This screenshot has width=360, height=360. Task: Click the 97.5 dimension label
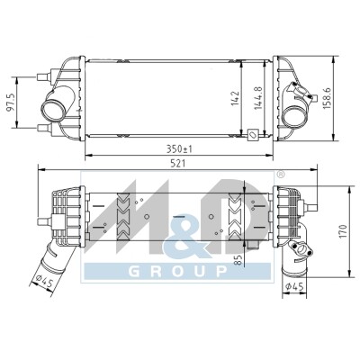12,103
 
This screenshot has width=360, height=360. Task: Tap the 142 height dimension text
235,98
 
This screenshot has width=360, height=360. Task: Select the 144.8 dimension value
258,98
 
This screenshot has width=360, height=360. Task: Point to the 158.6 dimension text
326,98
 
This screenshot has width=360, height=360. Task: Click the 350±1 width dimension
179,149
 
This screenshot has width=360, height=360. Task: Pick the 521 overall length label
178,164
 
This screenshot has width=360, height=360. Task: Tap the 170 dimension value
344,231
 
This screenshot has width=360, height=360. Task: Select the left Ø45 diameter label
44,281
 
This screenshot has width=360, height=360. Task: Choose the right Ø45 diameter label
294,287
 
